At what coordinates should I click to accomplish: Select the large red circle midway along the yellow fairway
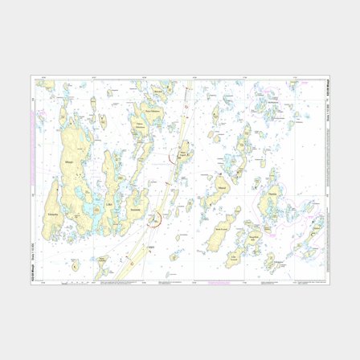click(156, 218)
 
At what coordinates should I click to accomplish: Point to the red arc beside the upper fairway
click(173, 158)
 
